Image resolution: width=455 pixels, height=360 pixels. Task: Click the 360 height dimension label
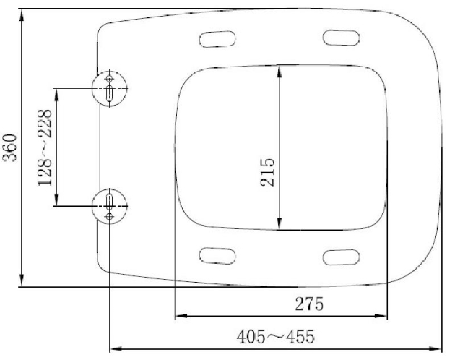[11, 149]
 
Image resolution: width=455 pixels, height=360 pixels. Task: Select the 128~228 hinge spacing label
[45, 149]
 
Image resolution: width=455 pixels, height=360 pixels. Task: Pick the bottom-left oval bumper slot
[217, 255]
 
